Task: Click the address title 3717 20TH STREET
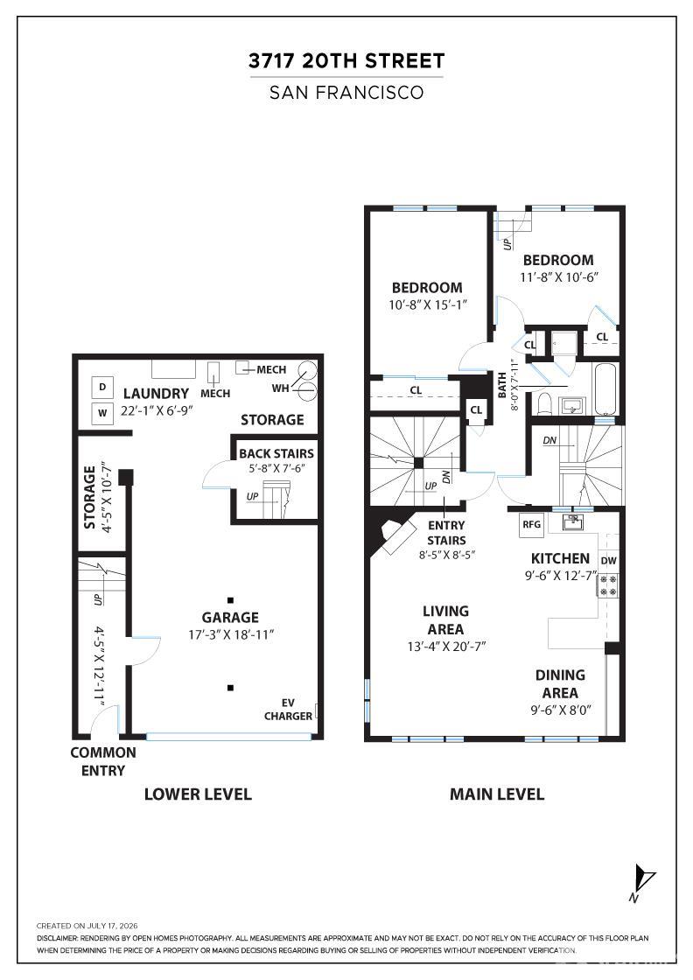pos(346,60)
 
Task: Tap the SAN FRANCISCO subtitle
pos(346,93)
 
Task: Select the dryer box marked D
pos(102,388)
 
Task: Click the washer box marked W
pos(102,413)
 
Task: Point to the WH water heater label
pos(281,388)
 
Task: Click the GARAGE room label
pos(230,618)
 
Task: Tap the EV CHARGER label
pos(288,710)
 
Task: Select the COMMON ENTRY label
pos(103,761)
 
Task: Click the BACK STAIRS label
pos(276,454)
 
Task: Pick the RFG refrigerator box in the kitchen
pos(532,524)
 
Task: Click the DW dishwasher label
pos(609,561)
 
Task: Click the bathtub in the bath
pos(605,388)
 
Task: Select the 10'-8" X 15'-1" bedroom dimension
pos(428,305)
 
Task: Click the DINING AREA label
pos(560,683)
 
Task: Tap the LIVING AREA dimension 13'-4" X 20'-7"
pos(446,647)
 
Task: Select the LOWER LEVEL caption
pos(198,794)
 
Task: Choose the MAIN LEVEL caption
pos(497,794)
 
